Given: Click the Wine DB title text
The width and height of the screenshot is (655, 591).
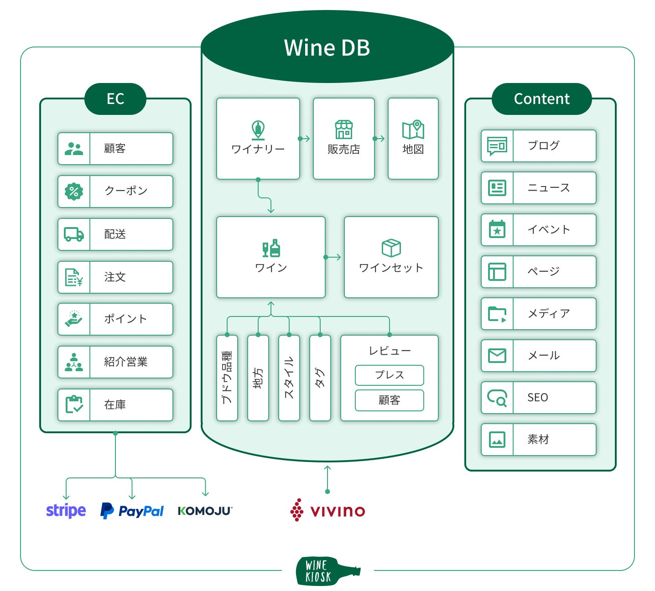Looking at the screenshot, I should click(x=327, y=47).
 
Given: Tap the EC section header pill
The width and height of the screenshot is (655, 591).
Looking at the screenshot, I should click(x=115, y=98).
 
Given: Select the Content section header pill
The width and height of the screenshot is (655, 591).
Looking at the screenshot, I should click(x=541, y=98).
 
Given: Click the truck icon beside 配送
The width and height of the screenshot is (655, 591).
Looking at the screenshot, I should click(x=74, y=234).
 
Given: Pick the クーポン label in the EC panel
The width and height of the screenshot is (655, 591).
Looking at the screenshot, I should click(x=126, y=191).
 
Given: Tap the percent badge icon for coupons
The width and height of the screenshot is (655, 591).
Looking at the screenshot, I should click(x=74, y=192).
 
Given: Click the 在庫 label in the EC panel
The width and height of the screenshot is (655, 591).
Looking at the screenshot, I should click(x=115, y=404).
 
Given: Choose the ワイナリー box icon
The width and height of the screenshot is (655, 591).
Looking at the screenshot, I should click(x=258, y=130).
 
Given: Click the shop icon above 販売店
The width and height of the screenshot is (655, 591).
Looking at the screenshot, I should click(x=344, y=130).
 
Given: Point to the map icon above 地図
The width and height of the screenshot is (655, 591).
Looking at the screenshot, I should click(x=413, y=130).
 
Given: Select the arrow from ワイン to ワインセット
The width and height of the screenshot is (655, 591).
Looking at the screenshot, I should click(x=333, y=257).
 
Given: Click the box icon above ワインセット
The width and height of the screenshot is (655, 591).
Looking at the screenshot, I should click(x=391, y=248).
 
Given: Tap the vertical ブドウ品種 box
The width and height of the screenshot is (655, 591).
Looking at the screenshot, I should click(x=227, y=378).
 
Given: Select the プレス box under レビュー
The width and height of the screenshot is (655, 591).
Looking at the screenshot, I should click(x=390, y=375).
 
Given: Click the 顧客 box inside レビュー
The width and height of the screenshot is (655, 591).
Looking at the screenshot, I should click(x=390, y=400).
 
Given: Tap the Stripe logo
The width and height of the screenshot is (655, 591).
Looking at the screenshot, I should click(x=66, y=511).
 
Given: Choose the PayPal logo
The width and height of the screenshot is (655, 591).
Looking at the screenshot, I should click(x=132, y=511).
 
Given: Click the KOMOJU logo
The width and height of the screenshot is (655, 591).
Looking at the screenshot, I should click(x=205, y=511).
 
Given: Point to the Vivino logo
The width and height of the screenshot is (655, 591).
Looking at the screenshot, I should click(x=328, y=511).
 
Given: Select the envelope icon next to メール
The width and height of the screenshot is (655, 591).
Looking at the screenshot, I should click(x=497, y=355).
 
